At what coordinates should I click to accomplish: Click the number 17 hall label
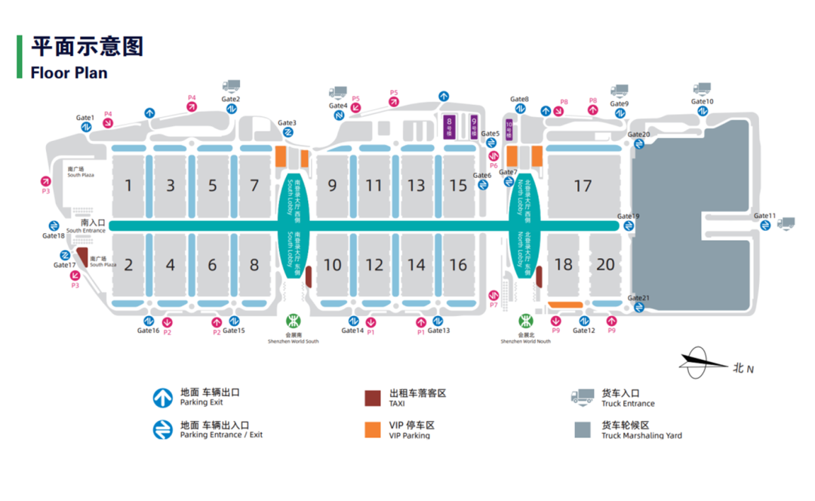click(x=583, y=186)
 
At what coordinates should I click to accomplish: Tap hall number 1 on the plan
click(x=129, y=186)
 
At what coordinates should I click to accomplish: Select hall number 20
click(x=605, y=264)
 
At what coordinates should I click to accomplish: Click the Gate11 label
click(x=764, y=216)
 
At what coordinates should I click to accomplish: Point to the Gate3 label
click(x=287, y=123)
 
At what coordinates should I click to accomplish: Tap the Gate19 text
click(x=628, y=217)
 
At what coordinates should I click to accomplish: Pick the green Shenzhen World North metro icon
click(x=524, y=320)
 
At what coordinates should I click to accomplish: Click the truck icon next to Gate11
click(x=786, y=223)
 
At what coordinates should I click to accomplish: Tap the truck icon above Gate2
click(x=231, y=87)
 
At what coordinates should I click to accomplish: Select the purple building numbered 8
click(x=450, y=124)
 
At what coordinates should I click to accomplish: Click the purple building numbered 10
click(x=509, y=130)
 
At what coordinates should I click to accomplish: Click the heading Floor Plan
click(x=69, y=73)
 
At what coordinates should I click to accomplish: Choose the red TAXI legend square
click(x=372, y=398)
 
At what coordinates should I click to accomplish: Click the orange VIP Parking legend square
click(x=372, y=429)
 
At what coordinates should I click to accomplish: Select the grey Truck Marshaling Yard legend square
click(x=582, y=429)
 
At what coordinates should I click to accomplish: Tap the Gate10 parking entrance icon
click(x=703, y=111)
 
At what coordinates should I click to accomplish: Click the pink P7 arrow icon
click(x=494, y=295)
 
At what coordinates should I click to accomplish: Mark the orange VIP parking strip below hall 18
click(x=564, y=305)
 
